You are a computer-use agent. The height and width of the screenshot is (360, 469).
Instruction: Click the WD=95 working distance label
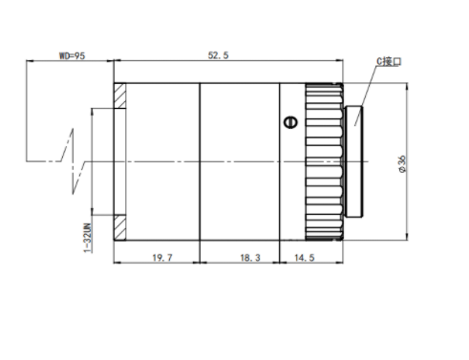[73, 55]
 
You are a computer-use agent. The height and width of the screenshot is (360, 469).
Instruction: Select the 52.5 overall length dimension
[218, 55]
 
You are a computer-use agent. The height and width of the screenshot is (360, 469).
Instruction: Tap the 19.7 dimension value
[162, 258]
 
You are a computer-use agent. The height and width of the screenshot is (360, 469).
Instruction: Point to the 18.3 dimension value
[250, 258]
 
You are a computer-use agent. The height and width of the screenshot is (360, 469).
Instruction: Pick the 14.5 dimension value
[305, 258]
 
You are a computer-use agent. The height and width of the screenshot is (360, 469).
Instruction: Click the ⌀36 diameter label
[402, 164]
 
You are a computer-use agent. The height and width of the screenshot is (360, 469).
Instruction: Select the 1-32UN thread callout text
[88, 238]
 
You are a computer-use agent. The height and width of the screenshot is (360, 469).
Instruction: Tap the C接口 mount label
[389, 61]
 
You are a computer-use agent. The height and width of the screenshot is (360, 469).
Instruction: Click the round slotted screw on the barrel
[290, 122]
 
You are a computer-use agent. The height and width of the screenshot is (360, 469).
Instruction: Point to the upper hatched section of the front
[120, 95]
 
